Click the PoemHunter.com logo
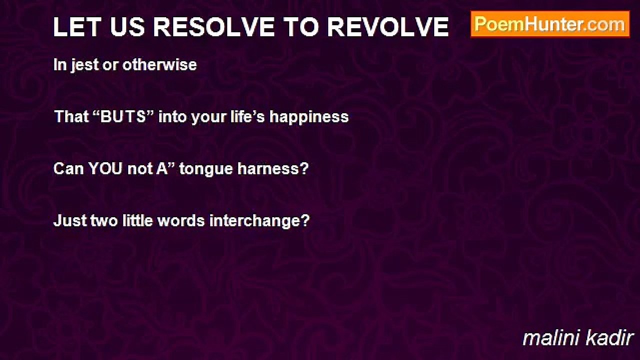(550, 24)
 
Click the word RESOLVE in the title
(218, 27)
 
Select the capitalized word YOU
(105, 168)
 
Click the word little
(138, 220)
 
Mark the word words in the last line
(181, 220)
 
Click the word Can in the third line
(68, 168)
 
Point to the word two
(105, 220)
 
